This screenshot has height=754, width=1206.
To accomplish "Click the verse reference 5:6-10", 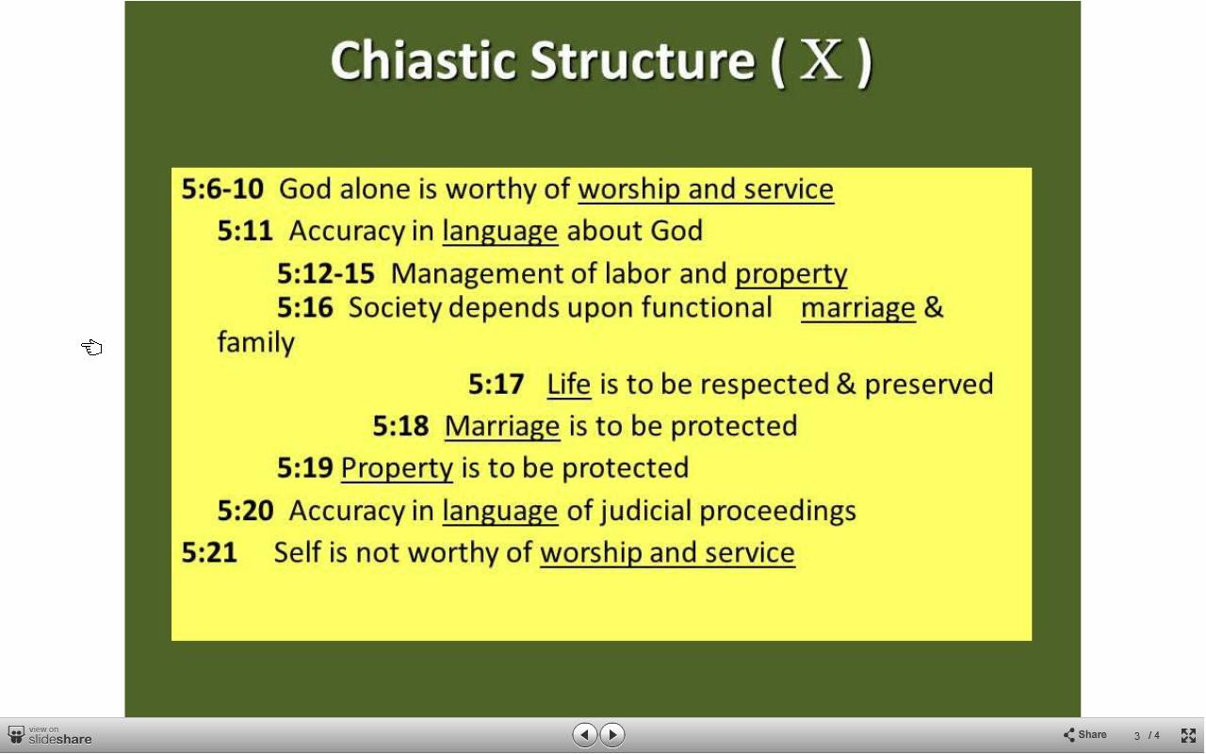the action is pos(222,189).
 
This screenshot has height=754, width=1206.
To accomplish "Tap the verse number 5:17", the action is pos(496,385).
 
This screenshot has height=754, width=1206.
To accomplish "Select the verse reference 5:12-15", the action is pos(326,273).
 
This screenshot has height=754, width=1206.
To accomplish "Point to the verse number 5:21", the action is pos(209,552).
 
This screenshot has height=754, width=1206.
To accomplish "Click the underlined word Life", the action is pos(569,385).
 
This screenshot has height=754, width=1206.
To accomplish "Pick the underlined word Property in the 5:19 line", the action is pos(397,468).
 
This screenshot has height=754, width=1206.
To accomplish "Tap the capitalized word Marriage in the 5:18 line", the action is pos(502,427).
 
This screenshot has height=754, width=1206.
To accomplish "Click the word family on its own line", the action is pos(255,342).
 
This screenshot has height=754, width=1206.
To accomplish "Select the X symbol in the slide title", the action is pos(821,59).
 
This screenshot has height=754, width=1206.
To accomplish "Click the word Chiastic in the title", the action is pos(424,60).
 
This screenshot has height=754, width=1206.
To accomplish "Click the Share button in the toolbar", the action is pos(1084,734).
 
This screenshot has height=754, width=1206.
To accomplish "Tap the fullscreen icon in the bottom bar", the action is pos(1188,735).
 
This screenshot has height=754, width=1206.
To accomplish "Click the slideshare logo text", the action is pos(59,739).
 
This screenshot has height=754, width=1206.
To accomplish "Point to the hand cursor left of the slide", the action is pos(92,348).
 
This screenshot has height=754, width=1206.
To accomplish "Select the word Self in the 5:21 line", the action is pos(298,552).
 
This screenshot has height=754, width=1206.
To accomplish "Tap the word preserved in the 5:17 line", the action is pos(929,385).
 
